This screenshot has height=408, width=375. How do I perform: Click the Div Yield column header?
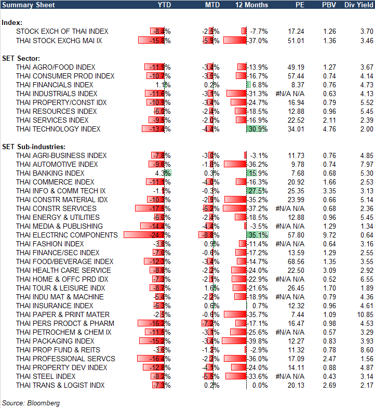click(358, 5)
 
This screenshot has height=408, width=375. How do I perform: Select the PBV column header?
click(329, 5)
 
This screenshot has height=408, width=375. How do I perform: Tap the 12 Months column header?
click(252, 5)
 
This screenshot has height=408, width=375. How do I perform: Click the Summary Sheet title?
click(24, 5)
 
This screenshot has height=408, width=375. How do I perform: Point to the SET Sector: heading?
click(21, 58)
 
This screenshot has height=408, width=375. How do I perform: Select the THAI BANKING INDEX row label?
click(50, 173)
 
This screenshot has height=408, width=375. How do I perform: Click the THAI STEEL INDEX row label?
click(46, 376)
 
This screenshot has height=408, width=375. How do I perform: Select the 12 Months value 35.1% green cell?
click(258, 235)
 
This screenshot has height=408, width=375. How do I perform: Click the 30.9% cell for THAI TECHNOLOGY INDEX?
click(258, 129)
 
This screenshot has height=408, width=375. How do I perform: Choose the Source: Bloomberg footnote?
click(31, 403)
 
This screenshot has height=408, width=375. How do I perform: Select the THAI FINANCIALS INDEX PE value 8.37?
click(296, 85)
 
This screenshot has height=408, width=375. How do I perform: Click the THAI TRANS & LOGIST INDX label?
click(60, 385)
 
